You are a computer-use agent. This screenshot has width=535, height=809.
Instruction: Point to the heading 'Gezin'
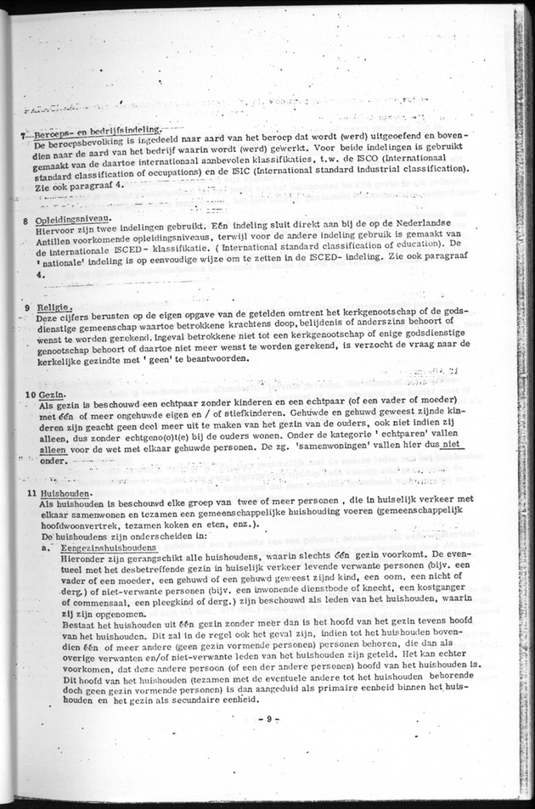50,396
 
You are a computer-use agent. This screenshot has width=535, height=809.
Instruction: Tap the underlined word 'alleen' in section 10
53,451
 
